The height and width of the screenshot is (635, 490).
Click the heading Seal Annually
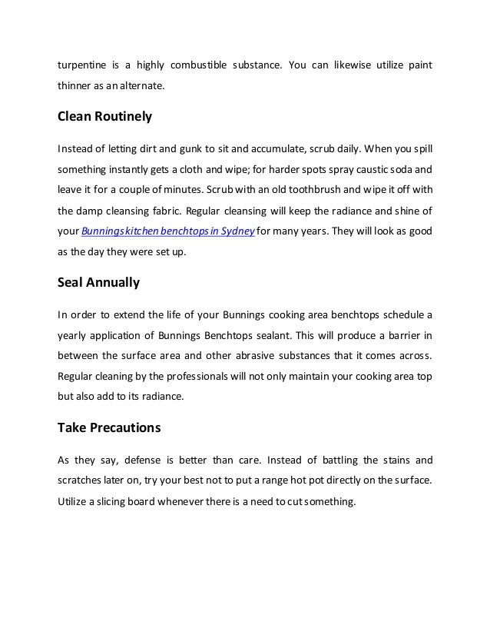tap(99, 281)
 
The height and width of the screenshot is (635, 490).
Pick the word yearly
tap(73, 334)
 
